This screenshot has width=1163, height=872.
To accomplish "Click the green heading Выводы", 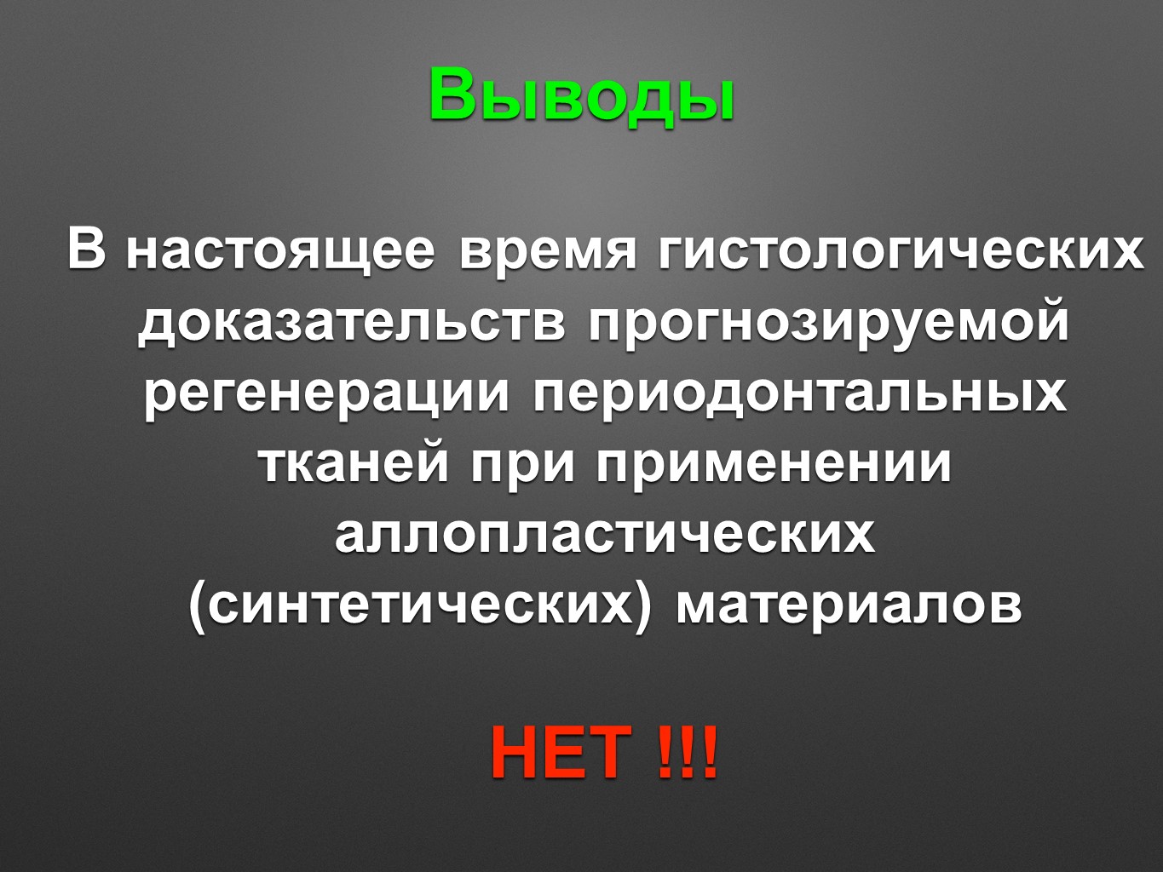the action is (x=581, y=95).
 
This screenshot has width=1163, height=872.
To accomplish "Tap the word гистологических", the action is (x=901, y=250).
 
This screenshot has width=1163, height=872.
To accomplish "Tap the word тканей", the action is (x=355, y=465).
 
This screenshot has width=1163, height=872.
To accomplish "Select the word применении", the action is (x=774, y=466).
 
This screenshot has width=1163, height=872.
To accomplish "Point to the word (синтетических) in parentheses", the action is (x=419, y=607).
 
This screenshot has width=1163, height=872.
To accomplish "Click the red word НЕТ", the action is (x=561, y=752).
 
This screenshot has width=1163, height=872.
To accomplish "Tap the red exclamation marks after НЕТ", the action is (x=688, y=752).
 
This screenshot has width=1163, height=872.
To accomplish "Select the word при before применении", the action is (x=523, y=466).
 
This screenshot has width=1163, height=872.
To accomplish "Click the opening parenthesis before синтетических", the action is (x=197, y=607).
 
